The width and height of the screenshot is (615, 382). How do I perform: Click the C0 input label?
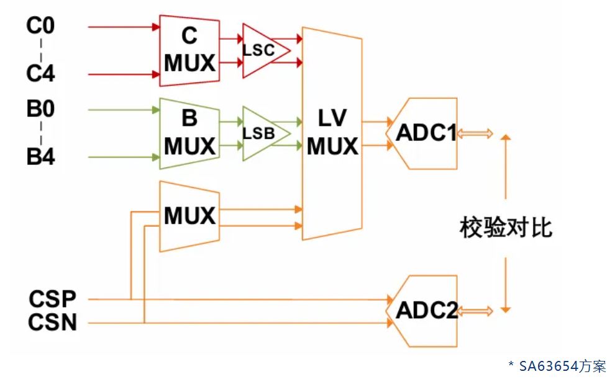coord(40,27)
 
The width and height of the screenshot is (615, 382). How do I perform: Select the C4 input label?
coord(40,74)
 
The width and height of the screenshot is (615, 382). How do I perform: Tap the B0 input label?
coord(40,110)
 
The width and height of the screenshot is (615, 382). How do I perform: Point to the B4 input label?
coord(40,156)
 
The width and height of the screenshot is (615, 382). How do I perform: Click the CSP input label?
coord(52,299)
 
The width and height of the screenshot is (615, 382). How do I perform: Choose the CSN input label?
coord(52,322)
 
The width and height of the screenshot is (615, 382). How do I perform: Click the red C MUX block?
coord(189,50)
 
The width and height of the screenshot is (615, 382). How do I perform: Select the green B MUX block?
coord(189,133)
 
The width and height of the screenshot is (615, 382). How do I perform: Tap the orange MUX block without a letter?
coord(189,216)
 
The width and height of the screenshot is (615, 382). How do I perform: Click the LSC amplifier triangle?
coord(261,51)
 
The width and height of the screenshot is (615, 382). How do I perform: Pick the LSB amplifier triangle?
coord(261,133)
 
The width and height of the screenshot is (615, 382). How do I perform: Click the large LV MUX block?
coord(332,133)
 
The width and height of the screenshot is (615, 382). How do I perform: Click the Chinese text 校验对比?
coord(506,228)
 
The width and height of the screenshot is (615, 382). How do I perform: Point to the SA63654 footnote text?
coord(556,366)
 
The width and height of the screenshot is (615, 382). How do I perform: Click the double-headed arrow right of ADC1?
coord(476,133)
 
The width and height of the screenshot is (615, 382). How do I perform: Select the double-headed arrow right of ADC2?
coord(476,310)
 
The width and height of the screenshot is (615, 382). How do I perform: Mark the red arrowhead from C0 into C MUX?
coord(156,27)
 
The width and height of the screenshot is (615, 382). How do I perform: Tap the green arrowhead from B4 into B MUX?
coord(156,156)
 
